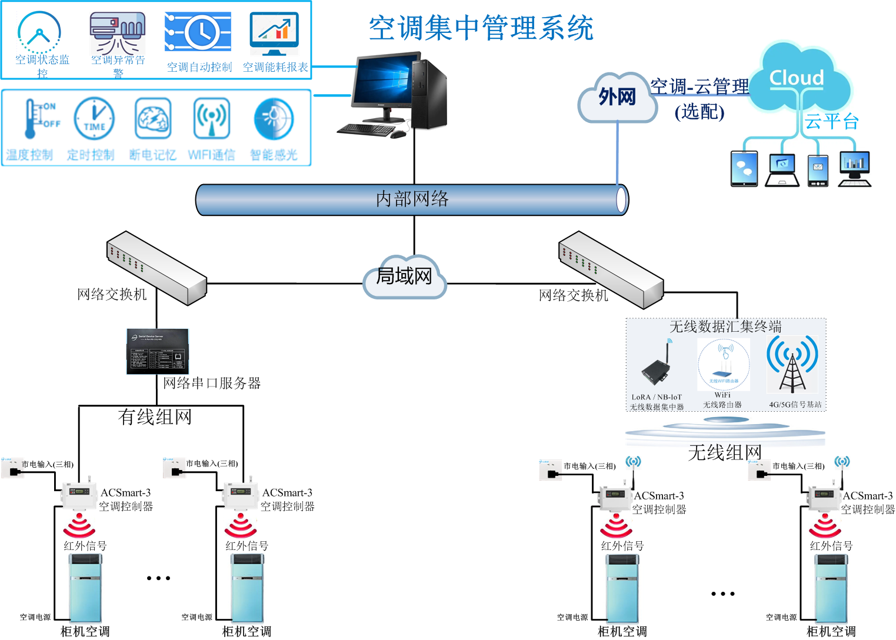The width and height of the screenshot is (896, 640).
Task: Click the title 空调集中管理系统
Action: (x=481, y=28)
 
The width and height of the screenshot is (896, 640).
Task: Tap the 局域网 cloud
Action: (x=404, y=276)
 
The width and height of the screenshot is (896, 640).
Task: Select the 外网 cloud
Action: (x=617, y=97)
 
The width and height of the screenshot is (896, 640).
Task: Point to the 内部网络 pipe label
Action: (x=412, y=199)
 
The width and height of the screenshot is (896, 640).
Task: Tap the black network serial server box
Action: (x=158, y=351)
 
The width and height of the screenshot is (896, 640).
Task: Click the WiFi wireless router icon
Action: (x=724, y=365)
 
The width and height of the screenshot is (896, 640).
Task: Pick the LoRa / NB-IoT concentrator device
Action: (x=657, y=368)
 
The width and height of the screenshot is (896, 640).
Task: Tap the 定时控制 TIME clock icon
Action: (x=94, y=119)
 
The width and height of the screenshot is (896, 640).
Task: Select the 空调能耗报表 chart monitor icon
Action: (x=274, y=34)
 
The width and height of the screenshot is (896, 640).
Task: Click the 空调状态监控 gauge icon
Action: (x=39, y=32)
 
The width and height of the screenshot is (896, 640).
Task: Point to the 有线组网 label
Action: (x=155, y=417)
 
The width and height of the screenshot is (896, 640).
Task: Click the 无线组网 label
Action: (x=725, y=452)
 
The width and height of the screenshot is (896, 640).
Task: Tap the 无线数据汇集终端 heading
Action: (x=725, y=326)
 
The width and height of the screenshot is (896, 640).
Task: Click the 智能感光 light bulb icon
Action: (x=274, y=119)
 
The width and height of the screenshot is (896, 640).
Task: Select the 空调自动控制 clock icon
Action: (x=198, y=32)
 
